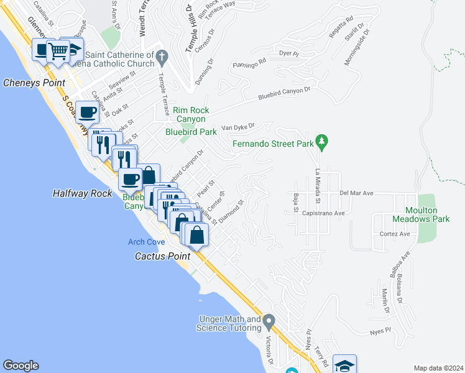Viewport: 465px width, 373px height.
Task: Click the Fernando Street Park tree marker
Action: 321,143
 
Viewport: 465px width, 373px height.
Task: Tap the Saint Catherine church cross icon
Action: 162,58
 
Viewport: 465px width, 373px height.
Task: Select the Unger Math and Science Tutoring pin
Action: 269,322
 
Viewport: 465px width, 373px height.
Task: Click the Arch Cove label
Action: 147,242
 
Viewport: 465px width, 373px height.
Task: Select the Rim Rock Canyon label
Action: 190,114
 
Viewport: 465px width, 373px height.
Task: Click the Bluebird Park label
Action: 191,132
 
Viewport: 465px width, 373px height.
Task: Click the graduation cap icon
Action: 344,365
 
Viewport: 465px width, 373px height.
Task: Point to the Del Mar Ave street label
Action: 356,193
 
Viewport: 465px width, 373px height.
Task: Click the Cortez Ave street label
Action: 395,234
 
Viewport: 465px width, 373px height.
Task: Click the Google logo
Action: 21,366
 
